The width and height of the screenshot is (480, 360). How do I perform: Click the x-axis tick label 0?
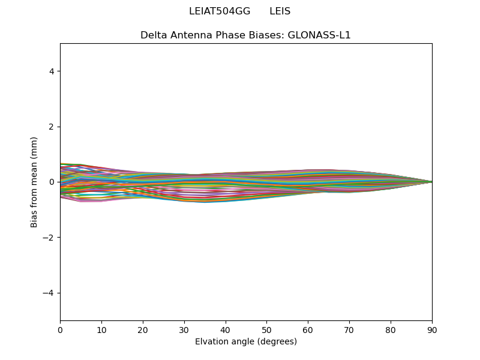point(60,329)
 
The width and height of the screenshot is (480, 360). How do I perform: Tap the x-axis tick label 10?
point(101,329)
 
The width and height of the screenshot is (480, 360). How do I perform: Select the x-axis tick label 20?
point(143,329)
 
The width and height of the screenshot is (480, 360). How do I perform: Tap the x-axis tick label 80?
point(391,329)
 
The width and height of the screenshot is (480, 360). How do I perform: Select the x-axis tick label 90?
point(432,329)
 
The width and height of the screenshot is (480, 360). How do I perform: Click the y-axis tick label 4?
point(52,71)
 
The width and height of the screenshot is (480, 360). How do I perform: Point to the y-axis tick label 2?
point(52,127)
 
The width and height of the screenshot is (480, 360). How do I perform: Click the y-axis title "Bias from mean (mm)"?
point(35,182)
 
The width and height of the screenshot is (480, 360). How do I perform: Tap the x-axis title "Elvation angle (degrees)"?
point(246,341)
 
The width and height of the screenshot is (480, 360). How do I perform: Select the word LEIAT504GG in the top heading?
point(220,11)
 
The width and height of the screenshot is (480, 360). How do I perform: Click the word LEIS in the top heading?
point(280,11)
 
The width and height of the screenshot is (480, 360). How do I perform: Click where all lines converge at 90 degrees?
point(431,182)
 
